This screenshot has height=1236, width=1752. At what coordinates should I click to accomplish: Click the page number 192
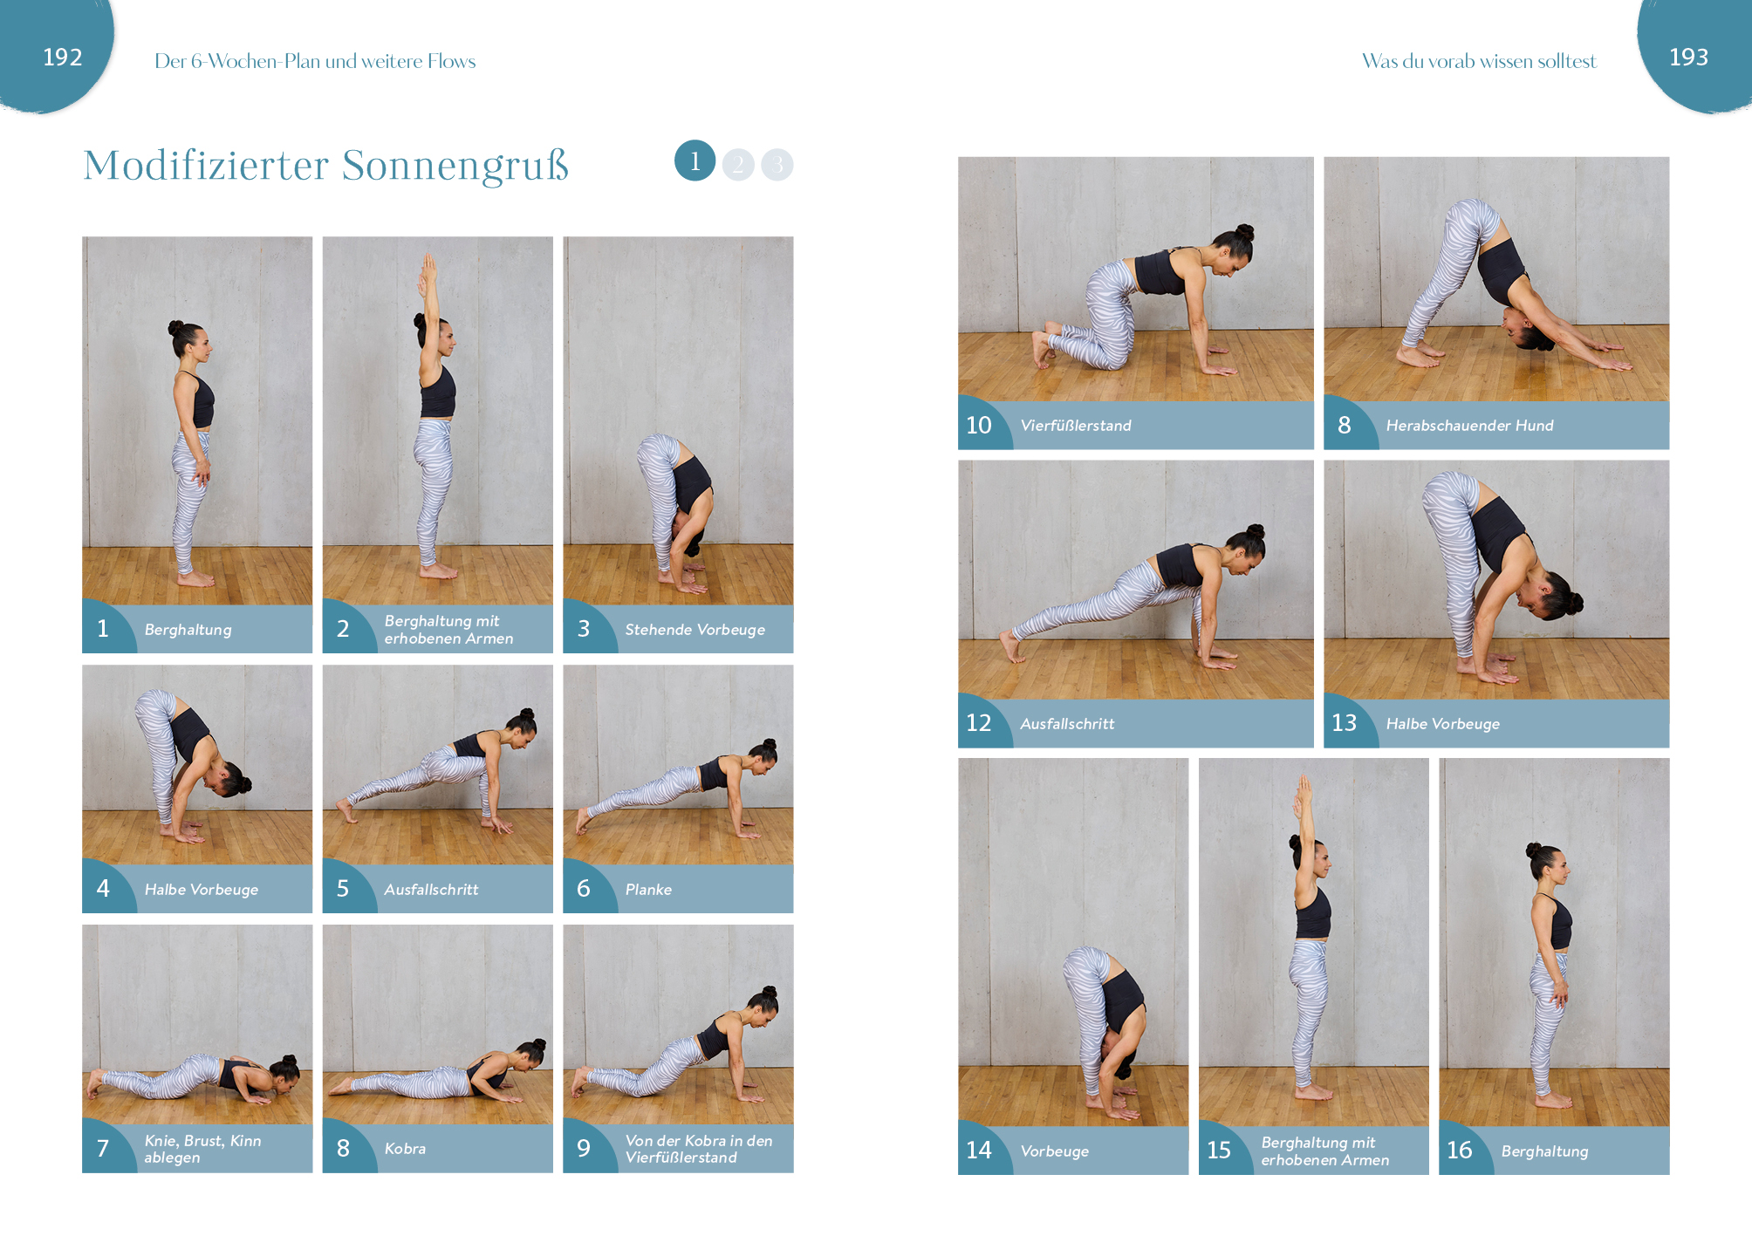click(x=63, y=58)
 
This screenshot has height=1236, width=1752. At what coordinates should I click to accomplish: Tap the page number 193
click(x=1688, y=58)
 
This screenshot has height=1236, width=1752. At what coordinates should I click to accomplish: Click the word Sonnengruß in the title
click(x=455, y=166)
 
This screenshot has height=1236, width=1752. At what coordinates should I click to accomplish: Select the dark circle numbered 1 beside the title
click(x=695, y=160)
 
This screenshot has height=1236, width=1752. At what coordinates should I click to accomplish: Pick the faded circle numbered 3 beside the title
click(x=777, y=164)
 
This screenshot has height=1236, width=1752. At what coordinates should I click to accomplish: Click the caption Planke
click(x=648, y=890)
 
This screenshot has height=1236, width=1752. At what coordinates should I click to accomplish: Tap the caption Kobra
click(x=405, y=1149)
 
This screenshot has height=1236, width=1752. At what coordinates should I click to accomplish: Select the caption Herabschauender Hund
click(x=1469, y=426)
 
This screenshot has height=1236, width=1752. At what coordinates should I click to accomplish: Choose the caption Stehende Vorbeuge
click(x=695, y=630)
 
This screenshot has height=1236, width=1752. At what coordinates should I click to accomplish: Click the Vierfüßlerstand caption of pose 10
click(x=1076, y=426)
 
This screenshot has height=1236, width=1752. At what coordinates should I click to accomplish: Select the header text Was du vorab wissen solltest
click(x=1479, y=61)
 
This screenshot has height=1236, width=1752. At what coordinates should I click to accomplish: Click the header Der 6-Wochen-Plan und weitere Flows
click(x=315, y=61)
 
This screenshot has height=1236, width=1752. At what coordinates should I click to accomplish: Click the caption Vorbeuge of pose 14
click(x=1054, y=1151)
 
